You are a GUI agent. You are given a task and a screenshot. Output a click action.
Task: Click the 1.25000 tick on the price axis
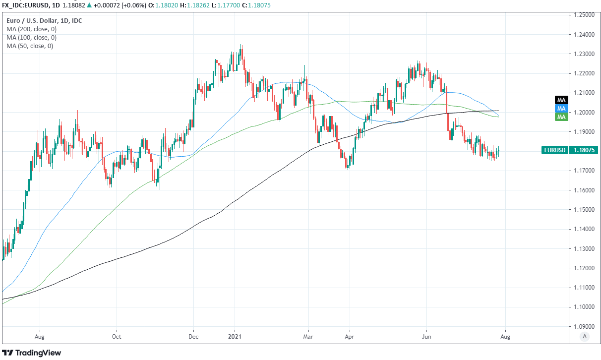coord(584,15)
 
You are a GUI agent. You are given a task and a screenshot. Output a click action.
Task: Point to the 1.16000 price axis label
coord(584,190)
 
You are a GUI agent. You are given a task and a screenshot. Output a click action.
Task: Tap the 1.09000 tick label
coord(584,327)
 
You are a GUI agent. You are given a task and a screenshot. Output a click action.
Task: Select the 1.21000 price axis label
coord(584,93)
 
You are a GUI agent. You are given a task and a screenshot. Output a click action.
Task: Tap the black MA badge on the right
coord(561,100)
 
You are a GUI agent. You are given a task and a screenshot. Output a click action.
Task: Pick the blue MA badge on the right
coord(561,108)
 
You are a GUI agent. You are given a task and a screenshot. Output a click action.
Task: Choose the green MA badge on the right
coord(561,117)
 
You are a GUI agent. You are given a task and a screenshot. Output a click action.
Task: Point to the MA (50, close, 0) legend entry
coord(30,46)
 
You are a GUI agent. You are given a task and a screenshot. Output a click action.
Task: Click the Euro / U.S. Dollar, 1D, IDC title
coord(45,21)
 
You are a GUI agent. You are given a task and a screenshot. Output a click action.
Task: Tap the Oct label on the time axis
coord(117,336)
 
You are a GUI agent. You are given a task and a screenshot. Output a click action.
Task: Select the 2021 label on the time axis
coord(234,336)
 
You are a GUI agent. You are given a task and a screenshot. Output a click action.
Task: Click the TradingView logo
coord(32,353)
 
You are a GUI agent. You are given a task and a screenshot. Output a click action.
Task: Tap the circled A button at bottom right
coord(585,336)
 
